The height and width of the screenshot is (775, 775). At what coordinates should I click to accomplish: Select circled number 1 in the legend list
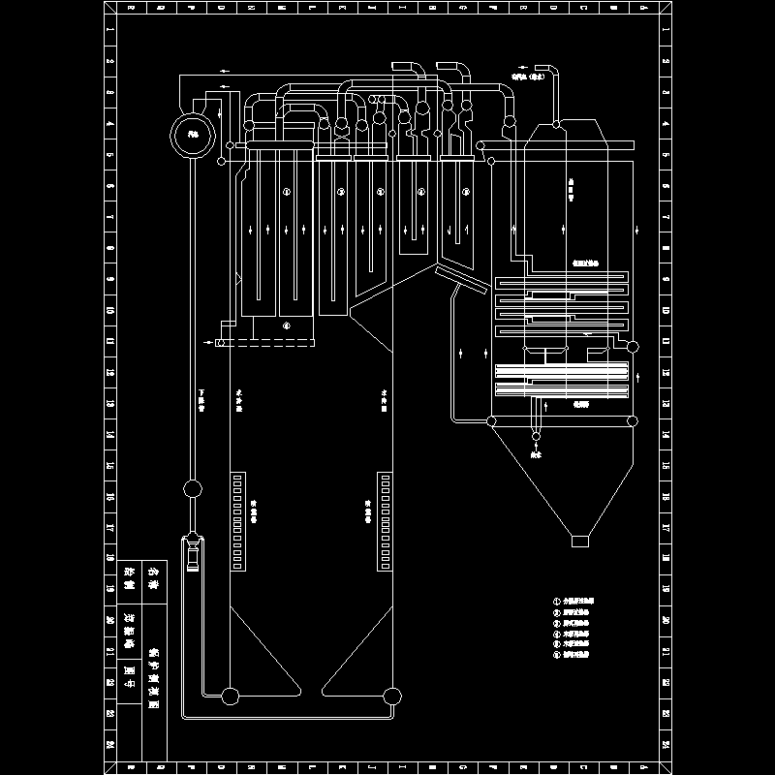pyautogui.click(x=557, y=601)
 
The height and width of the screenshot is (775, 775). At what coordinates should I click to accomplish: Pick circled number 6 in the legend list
pyautogui.click(x=557, y=655)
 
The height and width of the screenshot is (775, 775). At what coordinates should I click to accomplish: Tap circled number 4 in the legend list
pyautogui.click(x=557, y=634)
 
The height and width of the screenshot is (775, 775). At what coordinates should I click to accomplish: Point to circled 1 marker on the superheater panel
pyautogui.click(x=286, y=193)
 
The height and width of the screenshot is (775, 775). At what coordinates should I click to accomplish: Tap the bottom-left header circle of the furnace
pyautogui.click(x=231, y=695)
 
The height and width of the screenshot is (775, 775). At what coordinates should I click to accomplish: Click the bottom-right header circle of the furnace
pyautogui.click(x=391, y=695)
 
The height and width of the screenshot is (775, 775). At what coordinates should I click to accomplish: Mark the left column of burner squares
pyautogui.click(x=238, y=521)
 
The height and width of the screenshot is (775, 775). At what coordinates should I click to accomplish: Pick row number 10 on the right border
pyautogui.click(x=666, y=312)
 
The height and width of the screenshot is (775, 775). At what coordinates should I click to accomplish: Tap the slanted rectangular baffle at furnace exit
pyautogui.click(x=461, y=280)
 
